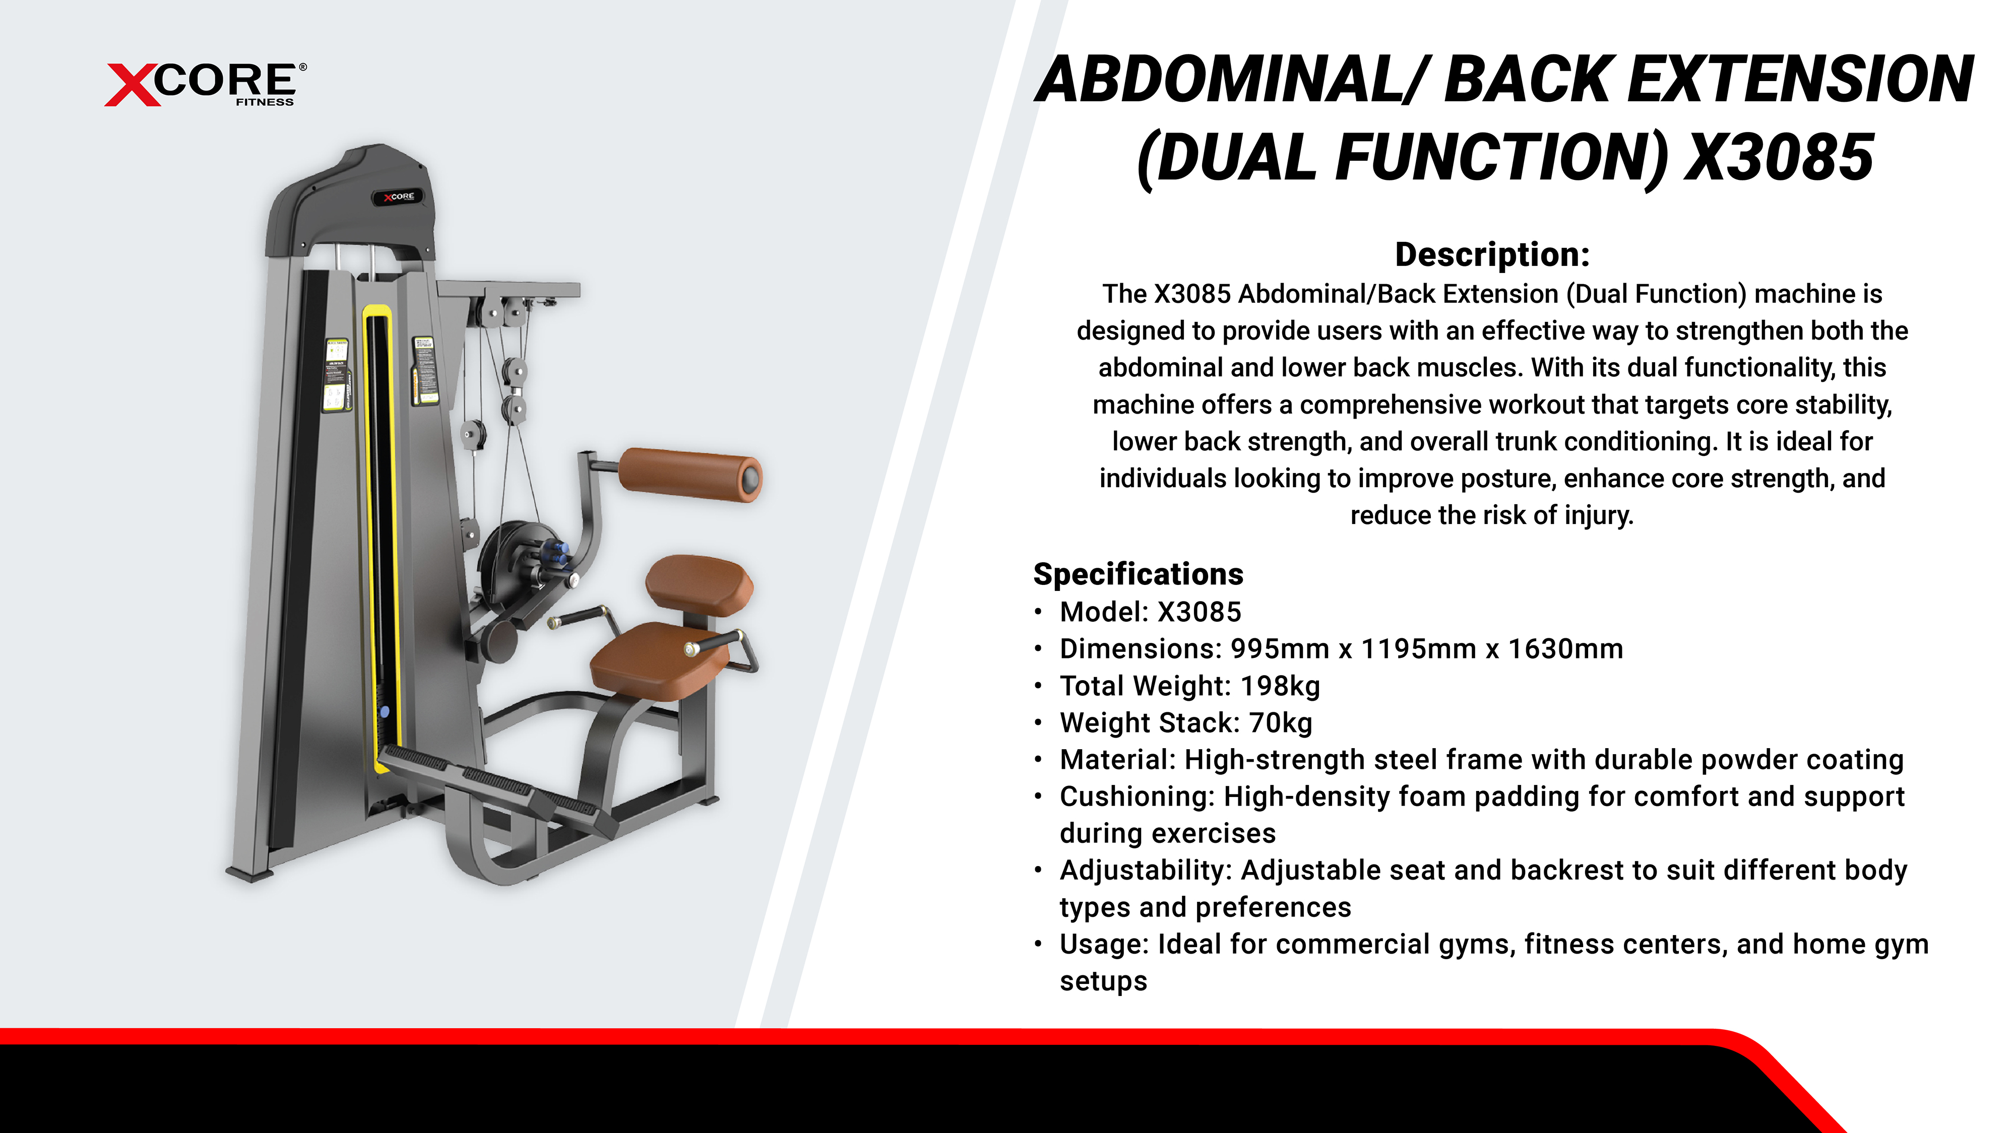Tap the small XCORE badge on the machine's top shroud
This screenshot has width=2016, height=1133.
coord(398,196)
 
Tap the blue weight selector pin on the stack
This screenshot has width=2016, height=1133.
coord(384,712)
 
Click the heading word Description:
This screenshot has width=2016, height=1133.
coord(1492,255)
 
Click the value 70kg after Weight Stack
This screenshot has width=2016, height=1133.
coord(1280,723)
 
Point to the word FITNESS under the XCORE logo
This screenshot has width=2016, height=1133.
coord(265,102)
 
